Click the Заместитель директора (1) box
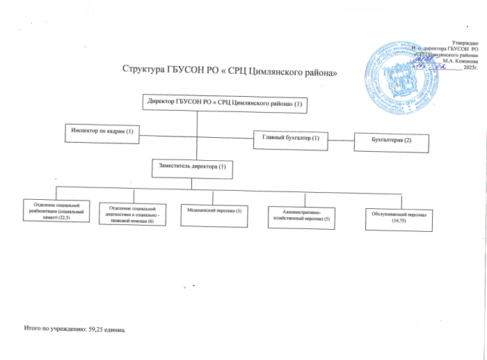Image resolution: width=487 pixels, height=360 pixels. pyautogui.click(x=192, y=168)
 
